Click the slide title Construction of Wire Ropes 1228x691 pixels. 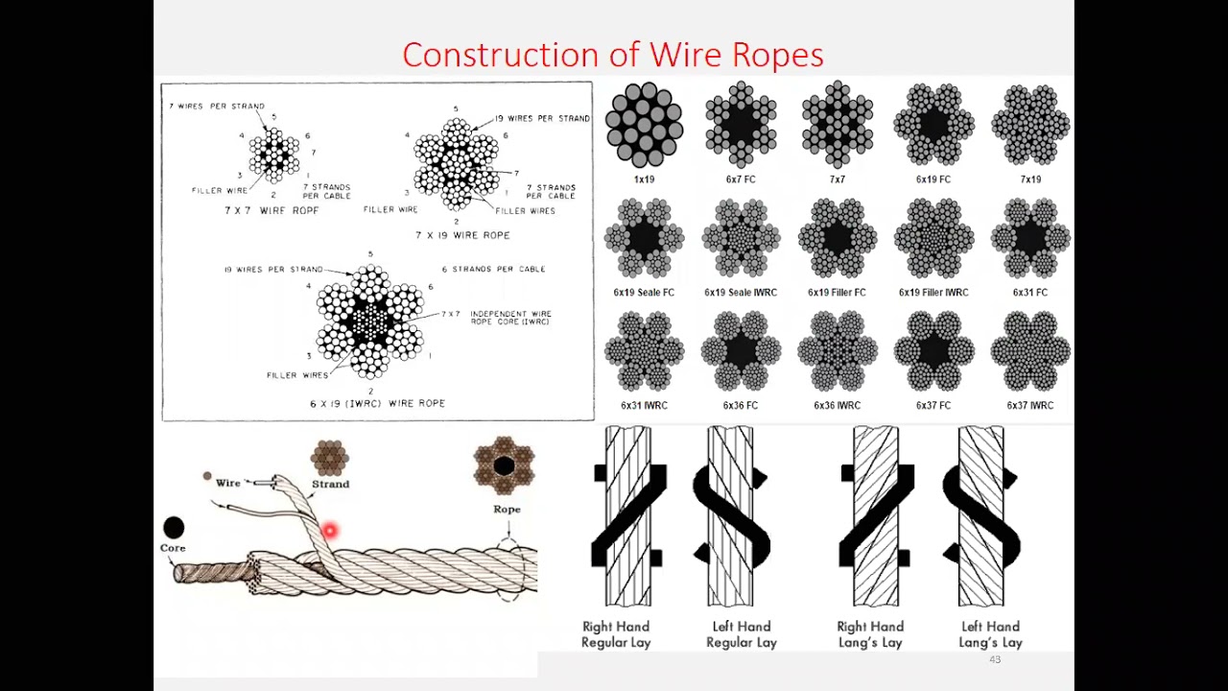(612, 55)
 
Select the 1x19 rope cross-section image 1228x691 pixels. (644, 125)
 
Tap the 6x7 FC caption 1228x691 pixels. (740, 179)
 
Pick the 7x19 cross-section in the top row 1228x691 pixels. (1029, 125)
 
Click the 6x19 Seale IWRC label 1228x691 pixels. (740, 293)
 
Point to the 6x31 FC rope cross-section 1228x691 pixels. (1029, 238)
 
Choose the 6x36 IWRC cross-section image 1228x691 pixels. (837, 351)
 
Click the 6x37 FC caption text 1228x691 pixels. (933, 406)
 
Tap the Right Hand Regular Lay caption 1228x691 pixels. (616, 634)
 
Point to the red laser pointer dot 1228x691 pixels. (329, 531)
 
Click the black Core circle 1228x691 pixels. (174, 527)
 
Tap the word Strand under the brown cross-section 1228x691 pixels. (330, 485)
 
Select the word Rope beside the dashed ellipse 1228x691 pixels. (507, 510)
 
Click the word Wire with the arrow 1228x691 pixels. (228, 483)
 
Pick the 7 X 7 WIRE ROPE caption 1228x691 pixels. (272, 210)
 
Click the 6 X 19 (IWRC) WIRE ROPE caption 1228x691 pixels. (377, 404)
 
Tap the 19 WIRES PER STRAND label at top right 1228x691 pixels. (542, 119)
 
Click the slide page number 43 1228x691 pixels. (995, 660)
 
